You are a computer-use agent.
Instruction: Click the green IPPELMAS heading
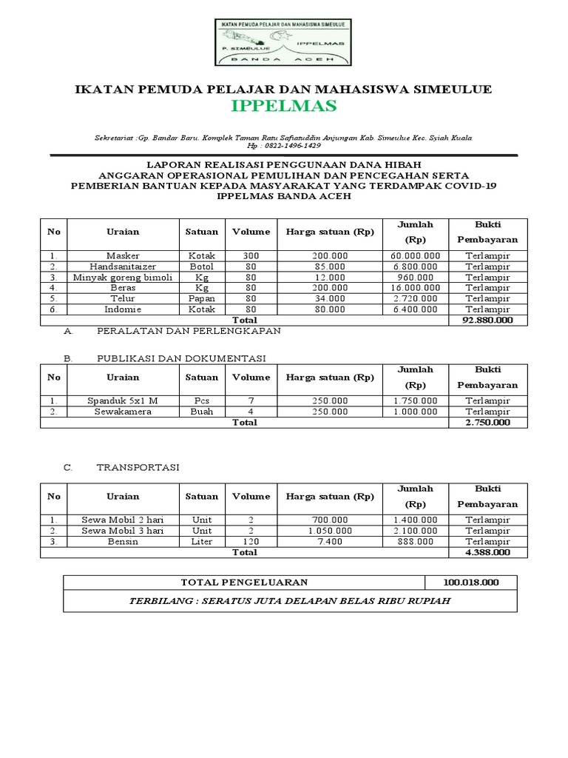tap(283, 107)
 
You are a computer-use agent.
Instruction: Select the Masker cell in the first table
tap(123, 255)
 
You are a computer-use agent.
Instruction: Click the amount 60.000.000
tap(416, 255)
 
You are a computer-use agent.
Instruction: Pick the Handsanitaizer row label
tap(123, 266)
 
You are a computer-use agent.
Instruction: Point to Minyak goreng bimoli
tap(123, 277)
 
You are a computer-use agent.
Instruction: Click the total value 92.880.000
tap(487, 320)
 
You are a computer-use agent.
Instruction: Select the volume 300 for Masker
tap(251, 255)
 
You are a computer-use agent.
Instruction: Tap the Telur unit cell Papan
tap(202, 298)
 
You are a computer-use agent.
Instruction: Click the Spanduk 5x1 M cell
tap(123, 400)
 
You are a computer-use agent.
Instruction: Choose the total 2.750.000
tap(487, 422)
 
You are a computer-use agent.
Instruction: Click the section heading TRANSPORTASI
tap(138, 468)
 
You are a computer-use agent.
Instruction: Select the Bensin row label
tap(123, 541)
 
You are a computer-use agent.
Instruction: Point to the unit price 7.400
tap(331, 541)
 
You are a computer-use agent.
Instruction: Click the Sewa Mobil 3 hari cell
tap(123, 531)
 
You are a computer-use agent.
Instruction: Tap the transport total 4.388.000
tap(487, 552)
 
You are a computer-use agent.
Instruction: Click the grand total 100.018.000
tap(471, 583)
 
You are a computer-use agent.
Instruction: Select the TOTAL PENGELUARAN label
tap(245, 583)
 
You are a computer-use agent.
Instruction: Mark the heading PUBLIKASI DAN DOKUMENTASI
tap(181, 358)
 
